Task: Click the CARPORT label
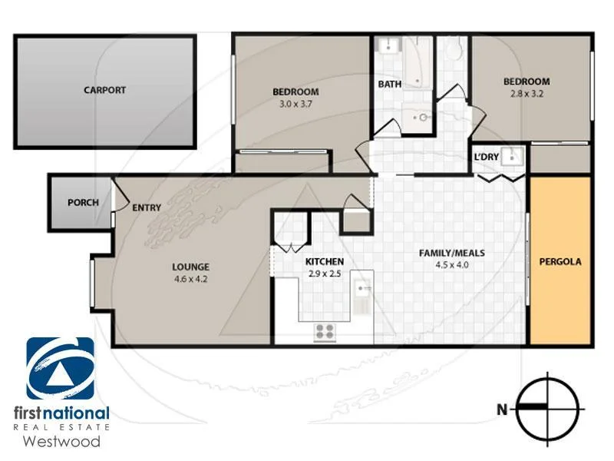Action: click(104, 90)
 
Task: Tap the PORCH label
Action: click(83, 203)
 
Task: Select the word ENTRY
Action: click(146, 207)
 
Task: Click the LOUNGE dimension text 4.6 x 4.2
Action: click(190, 280)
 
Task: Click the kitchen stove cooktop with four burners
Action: click(325, 332)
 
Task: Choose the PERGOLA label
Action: click(560, 261)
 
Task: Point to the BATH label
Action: click(389, 84)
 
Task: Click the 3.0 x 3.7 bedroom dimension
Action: click(295, 104)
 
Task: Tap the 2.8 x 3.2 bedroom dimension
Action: click(527, 95)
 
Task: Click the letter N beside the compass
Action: click(502, 410)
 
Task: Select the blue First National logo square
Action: click(60, 369)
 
